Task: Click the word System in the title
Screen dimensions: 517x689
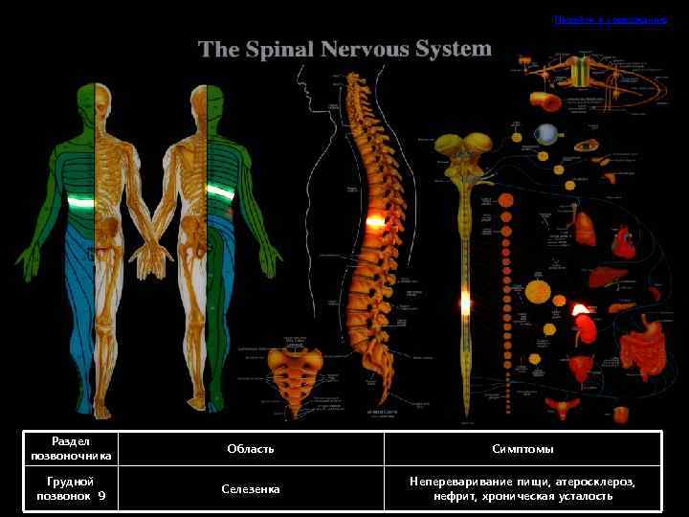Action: (450, 48)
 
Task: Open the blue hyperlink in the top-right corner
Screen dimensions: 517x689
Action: (610, 19)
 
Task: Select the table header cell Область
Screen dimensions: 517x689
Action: (251, 449)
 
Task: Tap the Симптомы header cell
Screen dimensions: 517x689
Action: (522, 449)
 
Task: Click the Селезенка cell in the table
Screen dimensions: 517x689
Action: (251, 489)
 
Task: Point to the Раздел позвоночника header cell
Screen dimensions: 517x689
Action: (71, 449)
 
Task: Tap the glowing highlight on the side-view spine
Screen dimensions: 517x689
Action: (375, 222)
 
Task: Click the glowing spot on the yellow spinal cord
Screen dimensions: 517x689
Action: (465, 303)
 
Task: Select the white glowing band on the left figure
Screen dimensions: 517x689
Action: (80, 201)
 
